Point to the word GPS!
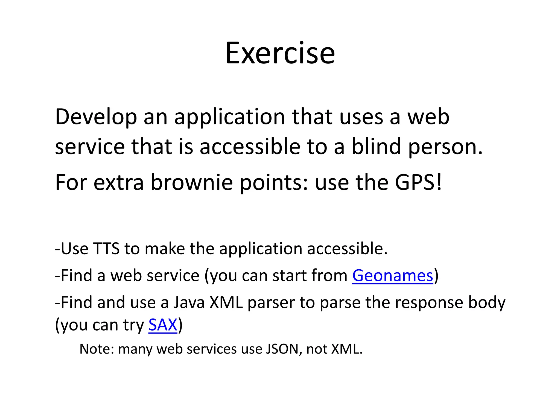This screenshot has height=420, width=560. [418, 182]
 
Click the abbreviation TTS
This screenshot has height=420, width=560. [106, 249]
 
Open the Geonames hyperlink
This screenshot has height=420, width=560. [393, 276]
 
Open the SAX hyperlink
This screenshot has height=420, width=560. [163, 325]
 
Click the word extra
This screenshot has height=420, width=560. [118, 182]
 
